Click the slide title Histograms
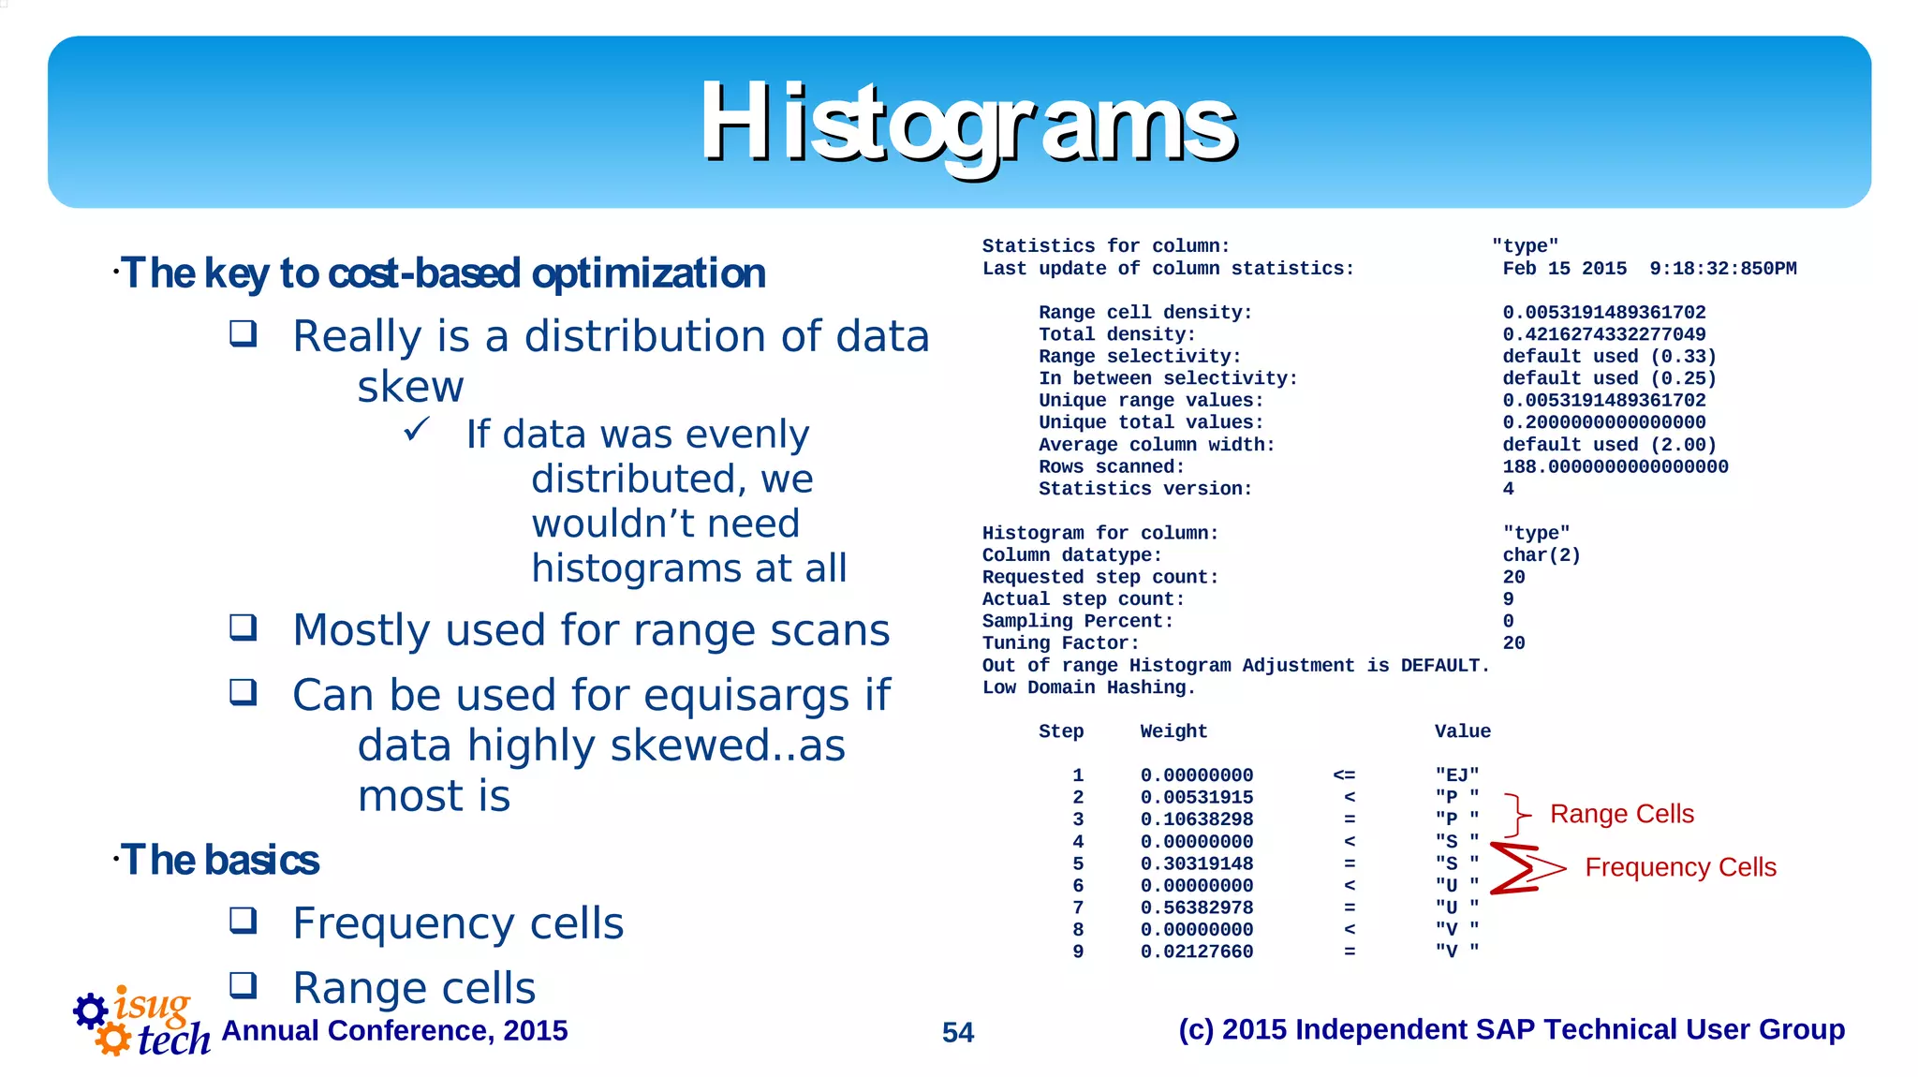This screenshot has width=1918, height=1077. (x=968, y=123)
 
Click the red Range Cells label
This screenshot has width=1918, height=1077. (x=1621, y=814)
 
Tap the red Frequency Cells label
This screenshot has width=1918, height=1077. (x=1680, y=867)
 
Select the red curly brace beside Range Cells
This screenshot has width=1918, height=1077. (x=1517, y=815)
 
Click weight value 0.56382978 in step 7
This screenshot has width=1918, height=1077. (x=1196, y=907)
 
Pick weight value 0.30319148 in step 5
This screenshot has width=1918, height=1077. (x=1196, y=863)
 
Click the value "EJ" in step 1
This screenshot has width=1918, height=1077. (x=1456, y=775)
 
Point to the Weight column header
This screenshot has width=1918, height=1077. (x=1173, y=731)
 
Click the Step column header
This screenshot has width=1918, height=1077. (x=1060, y=731)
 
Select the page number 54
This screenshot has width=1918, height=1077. (x=957, y=1032)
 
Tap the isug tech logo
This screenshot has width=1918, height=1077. (x=140, y=1023)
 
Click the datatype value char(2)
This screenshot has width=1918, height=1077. (x=1541, y=555)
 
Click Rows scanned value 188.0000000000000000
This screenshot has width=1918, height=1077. (x=1615, y=466)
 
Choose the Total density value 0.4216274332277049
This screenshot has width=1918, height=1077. (x=1603, y=334)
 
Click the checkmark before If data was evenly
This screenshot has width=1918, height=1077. (x=417, y=430)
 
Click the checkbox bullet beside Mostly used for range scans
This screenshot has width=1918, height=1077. (x=243, y=627)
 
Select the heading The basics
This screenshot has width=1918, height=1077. (x=220, y=860)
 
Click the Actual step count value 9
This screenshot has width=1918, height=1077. (x=1508, y=599)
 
